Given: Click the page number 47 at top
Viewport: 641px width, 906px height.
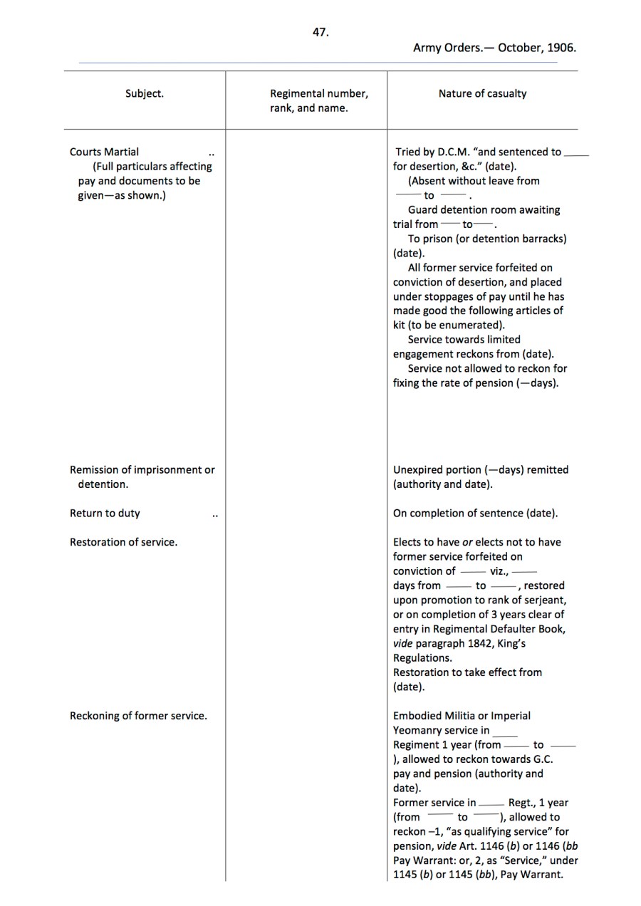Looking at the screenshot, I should point(320,32).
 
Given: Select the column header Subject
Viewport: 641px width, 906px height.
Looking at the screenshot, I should point(145,93).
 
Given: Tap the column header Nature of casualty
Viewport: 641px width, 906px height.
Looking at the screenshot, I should point(482,93).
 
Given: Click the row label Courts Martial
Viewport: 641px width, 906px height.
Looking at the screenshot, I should point(104,152).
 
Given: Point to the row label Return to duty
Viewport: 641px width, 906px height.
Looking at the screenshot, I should point(105,514).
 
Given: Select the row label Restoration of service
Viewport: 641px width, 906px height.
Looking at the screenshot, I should point(123,542).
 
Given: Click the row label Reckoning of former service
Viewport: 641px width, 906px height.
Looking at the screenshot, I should point(138,716).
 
